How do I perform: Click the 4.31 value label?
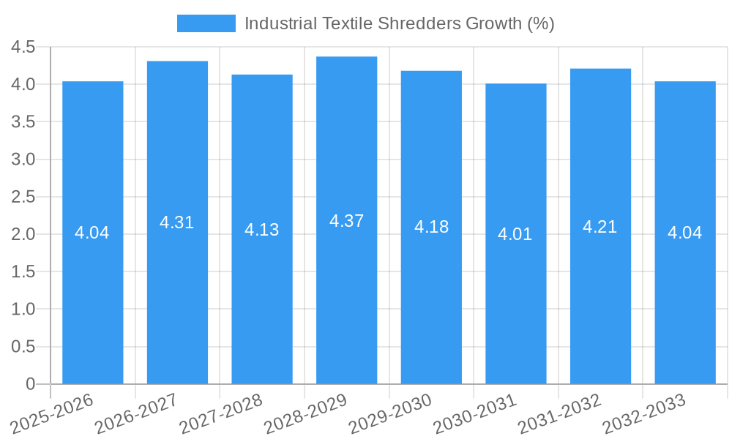pos(177,223)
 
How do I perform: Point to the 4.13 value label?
pos(261,230)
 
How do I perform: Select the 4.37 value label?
pos(346,221)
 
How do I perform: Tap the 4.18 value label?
pos(431,227)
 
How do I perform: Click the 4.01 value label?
pos(515,235)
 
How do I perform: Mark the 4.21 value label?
pos(600,228)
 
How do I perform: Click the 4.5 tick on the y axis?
pos(23,48)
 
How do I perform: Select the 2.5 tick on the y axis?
pos(23,197)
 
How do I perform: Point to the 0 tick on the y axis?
pos(30,384)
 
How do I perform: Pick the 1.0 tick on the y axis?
pos(23,309)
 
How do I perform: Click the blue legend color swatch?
pos(206,23)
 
